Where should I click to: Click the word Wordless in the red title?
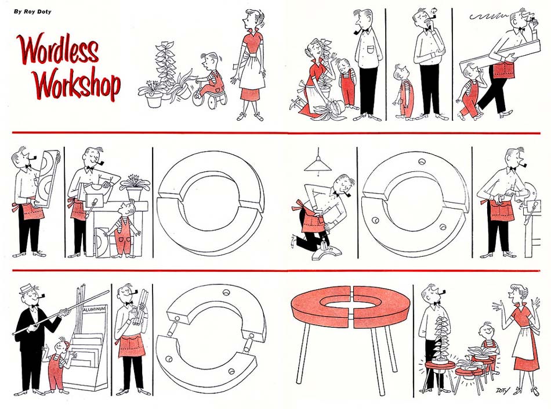pyautogui.click(x=59, y=49)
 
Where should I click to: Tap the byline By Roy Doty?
pyautogui.click(x=32, y=12)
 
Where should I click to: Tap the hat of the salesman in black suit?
pyautogui.click(x=29, y=289)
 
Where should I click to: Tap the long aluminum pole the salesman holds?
pyautogui.click(x=61, y=312)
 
